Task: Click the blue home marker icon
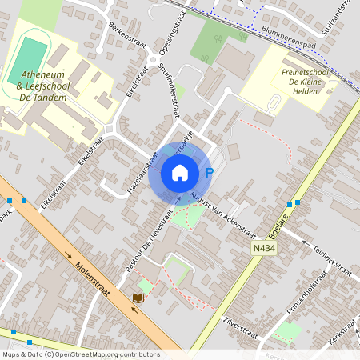(x=180, y=172)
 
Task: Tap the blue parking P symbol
(x=210, y=172)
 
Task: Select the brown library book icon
(x=138, y=298)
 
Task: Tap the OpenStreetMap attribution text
(x=80, y=354)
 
